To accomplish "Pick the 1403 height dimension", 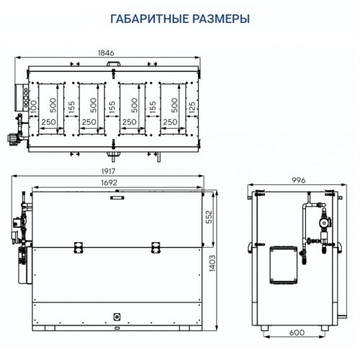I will (230, 264).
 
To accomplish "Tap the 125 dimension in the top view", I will (192, 107).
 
